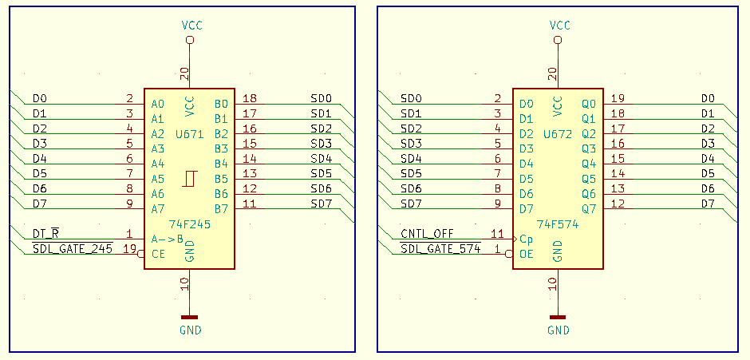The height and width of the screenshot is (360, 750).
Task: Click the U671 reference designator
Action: click(x=189, y=134)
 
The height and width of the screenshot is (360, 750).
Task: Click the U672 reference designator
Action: click(x=558, y=134)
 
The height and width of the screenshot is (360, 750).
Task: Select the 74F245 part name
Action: click(x=189, y=224)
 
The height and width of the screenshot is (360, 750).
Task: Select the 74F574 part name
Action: click(x=558, y=224)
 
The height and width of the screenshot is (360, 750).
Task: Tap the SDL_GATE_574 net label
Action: click(x=440, y=249)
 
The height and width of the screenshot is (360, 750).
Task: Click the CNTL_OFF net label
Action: click(x=427, y=234)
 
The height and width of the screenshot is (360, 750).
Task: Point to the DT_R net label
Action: click(x=45, y=234)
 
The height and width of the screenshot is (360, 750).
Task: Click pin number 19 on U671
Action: click(x=129, y=249)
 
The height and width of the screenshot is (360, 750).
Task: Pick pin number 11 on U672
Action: click(x=497, y=234)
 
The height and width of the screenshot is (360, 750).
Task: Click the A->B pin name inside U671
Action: click(x=168, y=239)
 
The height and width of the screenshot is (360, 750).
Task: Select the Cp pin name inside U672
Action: click(x=527, y=239)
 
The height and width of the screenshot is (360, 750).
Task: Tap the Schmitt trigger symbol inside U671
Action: click(x=189, y=179)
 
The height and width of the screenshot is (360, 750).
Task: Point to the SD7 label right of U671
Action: click(x=321, y=204)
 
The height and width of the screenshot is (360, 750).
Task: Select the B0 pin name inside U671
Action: click(x=221, y=104)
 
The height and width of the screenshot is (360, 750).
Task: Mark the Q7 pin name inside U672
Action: click(x=589, y=209)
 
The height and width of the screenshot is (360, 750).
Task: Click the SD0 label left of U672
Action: click(x=411, y=98)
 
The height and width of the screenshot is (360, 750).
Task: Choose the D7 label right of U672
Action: click(x=708, y=204)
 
